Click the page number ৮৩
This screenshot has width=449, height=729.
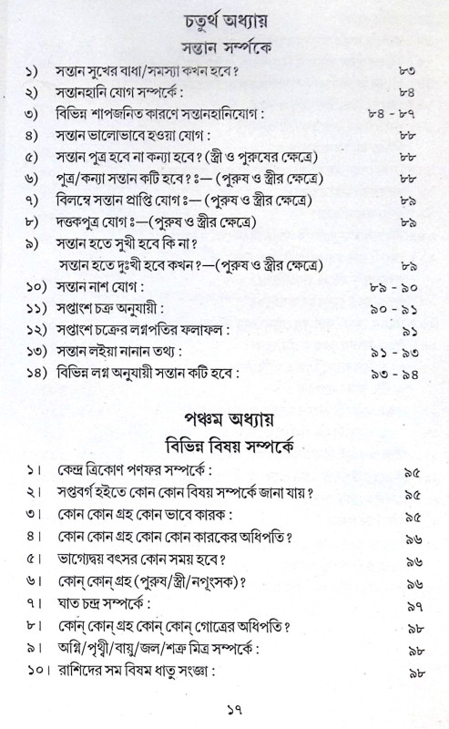[408, 72]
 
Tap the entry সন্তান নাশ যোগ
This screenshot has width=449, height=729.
[97, 287]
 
